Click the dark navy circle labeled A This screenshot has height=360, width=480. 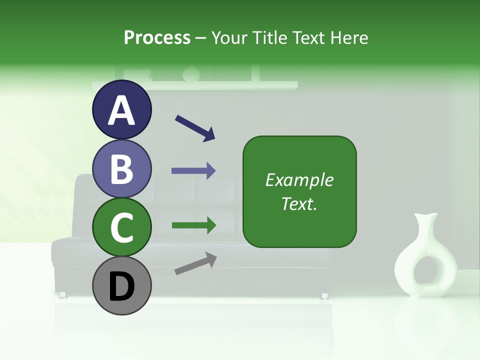coord(121,109)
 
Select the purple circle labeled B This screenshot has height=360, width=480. coord(121,168)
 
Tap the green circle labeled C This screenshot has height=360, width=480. coord(121,227)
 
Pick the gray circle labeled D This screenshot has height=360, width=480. coord(121,285)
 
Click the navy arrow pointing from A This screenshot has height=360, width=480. coord(194,127)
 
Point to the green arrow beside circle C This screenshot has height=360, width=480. coord(193,225)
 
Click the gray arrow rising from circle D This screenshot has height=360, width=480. coord(195,263)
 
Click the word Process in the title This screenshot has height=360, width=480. coord(157,37)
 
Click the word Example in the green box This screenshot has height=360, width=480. coord(299,180)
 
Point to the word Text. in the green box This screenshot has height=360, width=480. coord(299,203)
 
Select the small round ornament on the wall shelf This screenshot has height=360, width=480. coord(190,74)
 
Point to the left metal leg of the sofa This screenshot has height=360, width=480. coord(63,295)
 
